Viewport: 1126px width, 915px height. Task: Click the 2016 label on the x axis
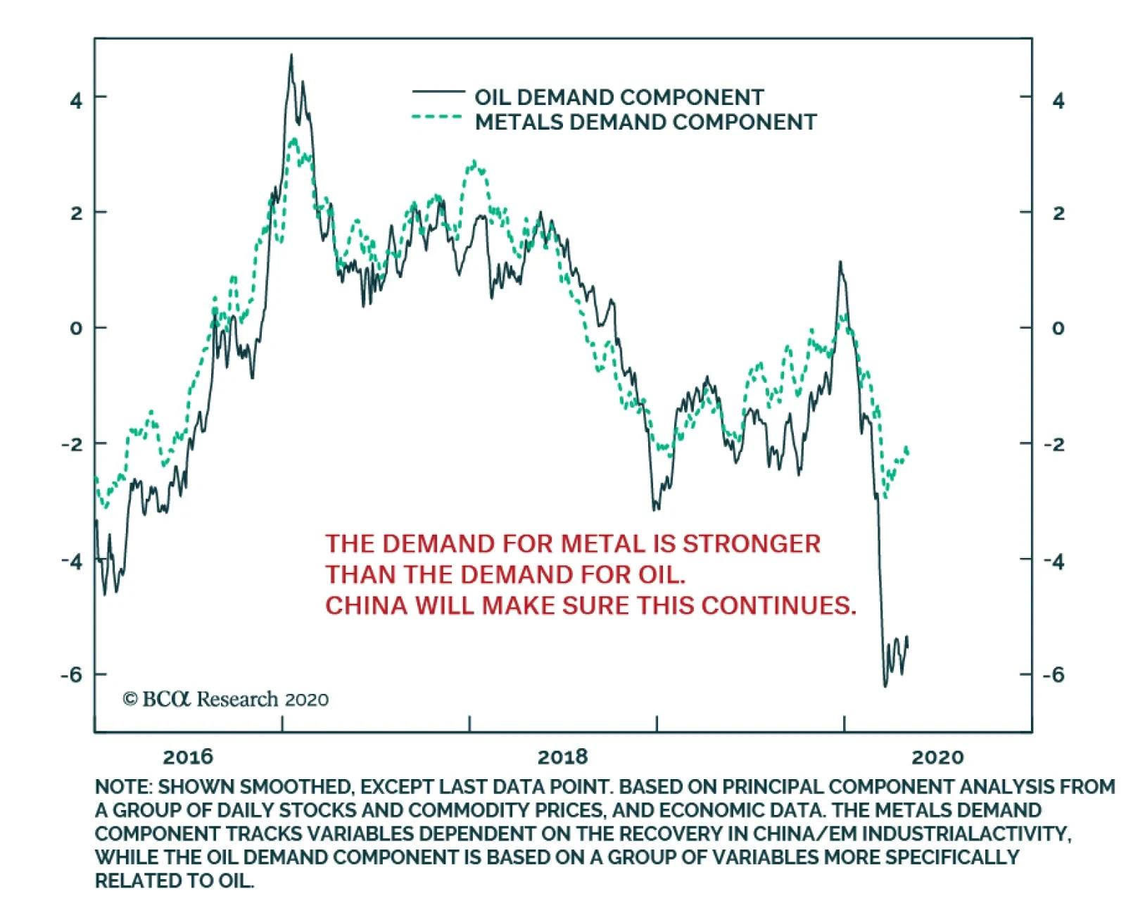pyautogui.click(x=187, y=757)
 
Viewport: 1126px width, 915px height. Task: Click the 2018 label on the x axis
pyautogui.click(x=562, y=757)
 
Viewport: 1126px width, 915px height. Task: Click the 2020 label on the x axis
pyautogui.click(x=937, y=757)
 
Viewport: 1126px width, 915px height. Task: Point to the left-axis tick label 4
pyautogui.click(x=76, y=101)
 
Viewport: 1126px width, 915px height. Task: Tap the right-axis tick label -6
pyautogui.click(x=1053, y=675)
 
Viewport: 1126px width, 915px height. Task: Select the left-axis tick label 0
pyautogui.click(x=76, y=329)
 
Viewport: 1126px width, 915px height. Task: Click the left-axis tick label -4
pyautogui.click(x=72, y=562)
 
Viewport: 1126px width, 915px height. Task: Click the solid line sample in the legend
pyautogui.click(x=438, y=91)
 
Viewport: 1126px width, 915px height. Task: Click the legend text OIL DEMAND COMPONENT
pyautogui.click(x=619, y=97)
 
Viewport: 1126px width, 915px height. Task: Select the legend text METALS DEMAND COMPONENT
pyautogui.click(x=645, y=122)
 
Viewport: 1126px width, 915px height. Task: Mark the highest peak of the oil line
pyautogui.click(x=291, y=56)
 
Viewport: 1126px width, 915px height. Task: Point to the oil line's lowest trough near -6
pyautogui.click(x=885, y=685)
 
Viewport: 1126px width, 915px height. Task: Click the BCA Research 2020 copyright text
pyautogui.click(x=225, y=699)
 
